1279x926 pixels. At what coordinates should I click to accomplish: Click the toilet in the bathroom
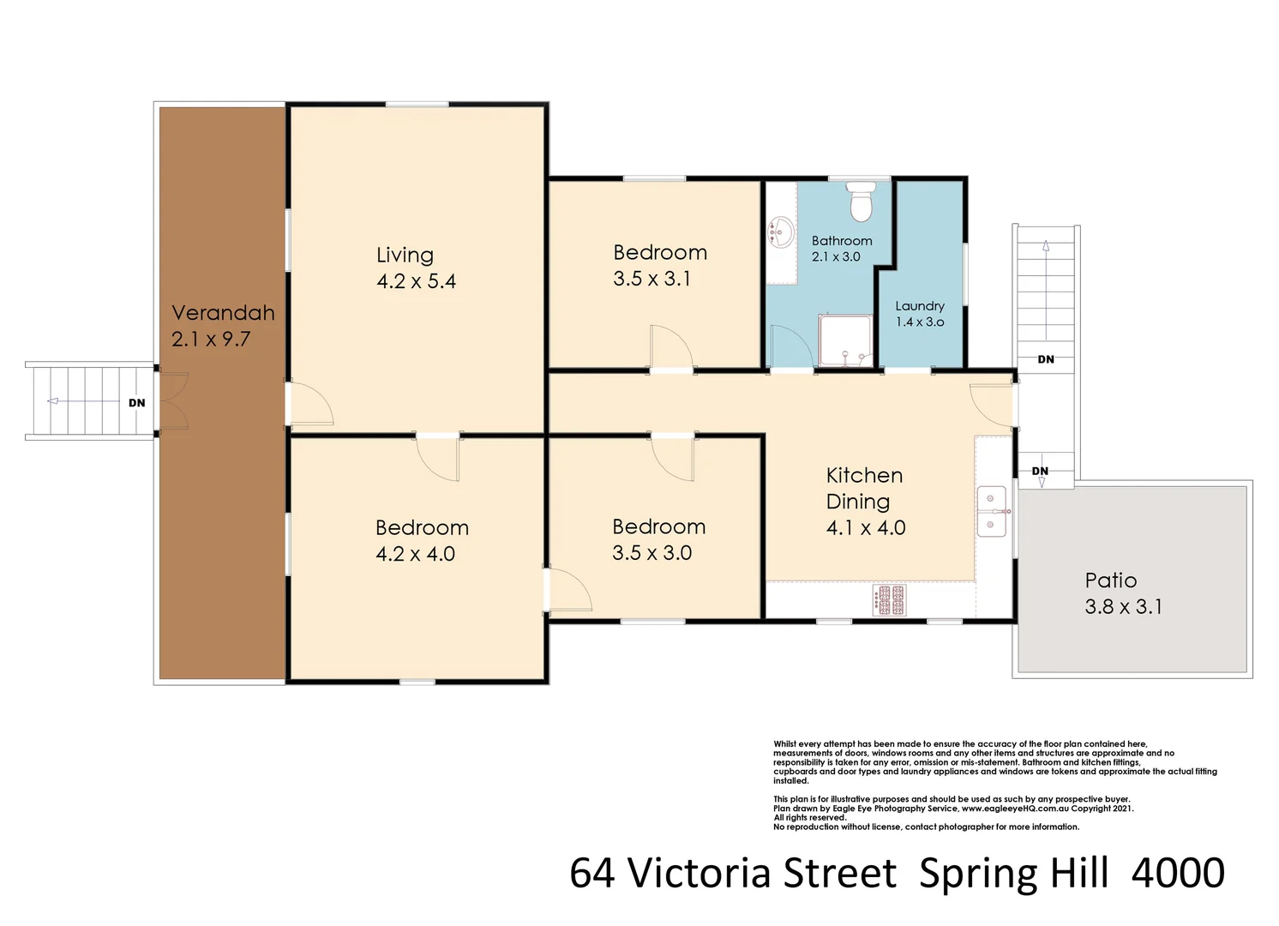tap(861, 201)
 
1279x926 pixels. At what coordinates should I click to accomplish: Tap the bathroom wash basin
tap(781, 232)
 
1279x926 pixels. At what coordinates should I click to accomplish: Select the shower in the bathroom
tap(845, 340)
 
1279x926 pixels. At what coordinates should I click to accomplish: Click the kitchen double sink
tap(992, 511)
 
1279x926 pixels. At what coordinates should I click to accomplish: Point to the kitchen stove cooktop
tap(890, 600)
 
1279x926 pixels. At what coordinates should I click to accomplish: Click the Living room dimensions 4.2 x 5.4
tap(417, 281)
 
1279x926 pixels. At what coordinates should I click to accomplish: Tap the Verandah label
tap(223, 312)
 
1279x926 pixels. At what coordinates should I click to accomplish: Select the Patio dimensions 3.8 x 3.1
tap(1124, 607)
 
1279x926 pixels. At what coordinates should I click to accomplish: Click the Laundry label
tap(920, 306)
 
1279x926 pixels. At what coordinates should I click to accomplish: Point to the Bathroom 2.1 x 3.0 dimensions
tap(836, 256)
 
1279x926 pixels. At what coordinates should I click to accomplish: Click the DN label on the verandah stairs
tap(136, 403)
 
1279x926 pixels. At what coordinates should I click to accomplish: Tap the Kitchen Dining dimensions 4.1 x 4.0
tap(866, 527)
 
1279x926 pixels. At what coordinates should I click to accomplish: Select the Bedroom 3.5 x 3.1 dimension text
tap(652, 279)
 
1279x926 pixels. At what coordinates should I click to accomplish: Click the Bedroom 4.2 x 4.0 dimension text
tap(415, 554)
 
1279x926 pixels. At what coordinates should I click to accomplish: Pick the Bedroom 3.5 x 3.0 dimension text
tap(652, 553)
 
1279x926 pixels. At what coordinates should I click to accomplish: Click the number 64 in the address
tap(592, 873)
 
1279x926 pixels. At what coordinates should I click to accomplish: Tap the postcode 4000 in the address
tap(1178, 873)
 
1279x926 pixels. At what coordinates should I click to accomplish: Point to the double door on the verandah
tap(173, 400)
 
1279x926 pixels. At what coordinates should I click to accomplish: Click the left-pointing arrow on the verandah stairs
tap(83, 401)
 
